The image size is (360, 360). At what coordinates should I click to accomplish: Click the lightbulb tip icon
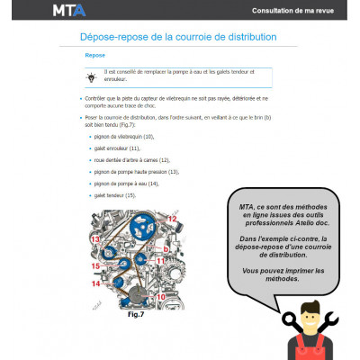pos(90,77)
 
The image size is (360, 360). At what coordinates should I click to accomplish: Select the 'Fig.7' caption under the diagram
pos(137,314)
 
